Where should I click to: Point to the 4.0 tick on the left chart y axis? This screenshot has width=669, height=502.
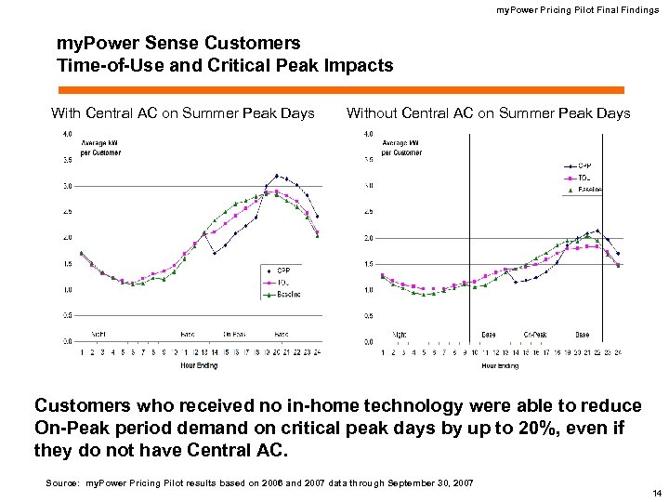pos(68,134)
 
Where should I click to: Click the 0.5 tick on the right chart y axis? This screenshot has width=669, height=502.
pos(368,316)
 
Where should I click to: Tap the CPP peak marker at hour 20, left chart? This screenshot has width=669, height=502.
pos(276,174)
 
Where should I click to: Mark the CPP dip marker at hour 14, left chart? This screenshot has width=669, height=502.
pos(215,253)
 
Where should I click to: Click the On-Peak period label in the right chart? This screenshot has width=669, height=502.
pos(534,334)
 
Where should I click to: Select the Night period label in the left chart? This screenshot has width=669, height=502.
pos(98,333)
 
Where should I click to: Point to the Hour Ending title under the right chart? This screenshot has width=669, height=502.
pos(500,365)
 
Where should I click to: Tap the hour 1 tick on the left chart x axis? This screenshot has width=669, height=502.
pos(81,352)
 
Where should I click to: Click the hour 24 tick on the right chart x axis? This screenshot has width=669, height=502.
pos(618,352)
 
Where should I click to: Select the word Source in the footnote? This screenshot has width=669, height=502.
pos(63,482)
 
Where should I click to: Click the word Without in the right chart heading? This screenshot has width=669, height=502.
pos(373,113)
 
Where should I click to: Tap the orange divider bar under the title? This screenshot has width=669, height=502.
pos(340,89)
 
